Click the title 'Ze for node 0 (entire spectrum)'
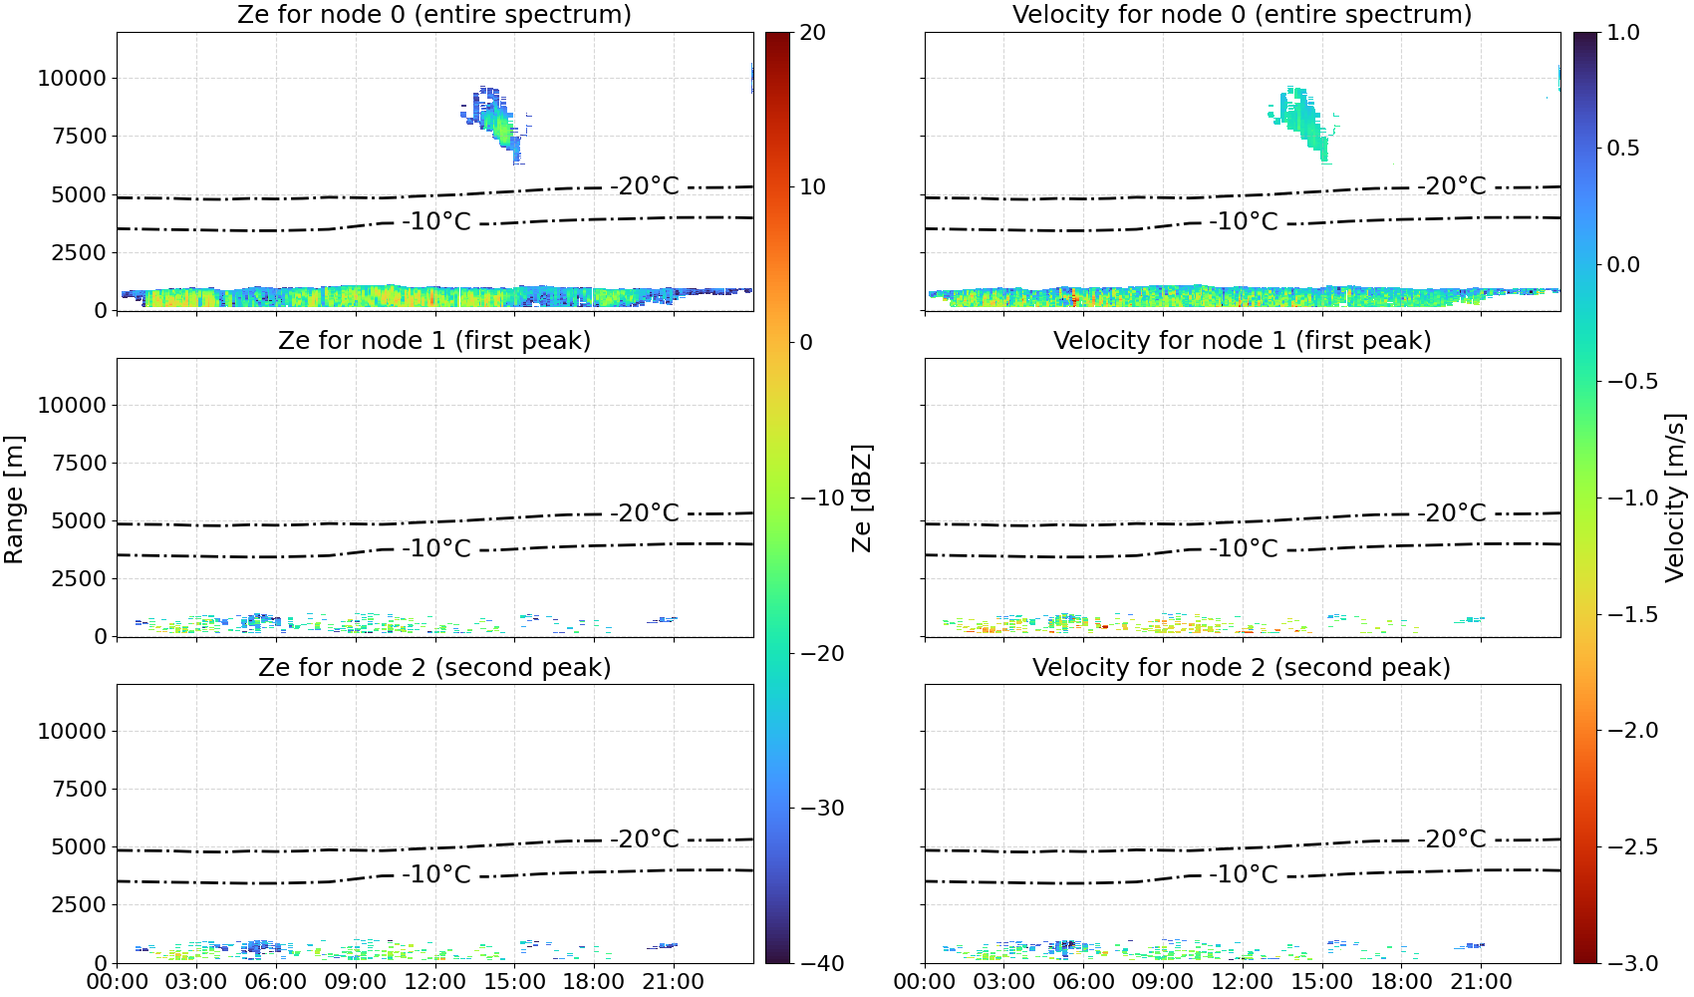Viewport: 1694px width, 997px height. point(434,14)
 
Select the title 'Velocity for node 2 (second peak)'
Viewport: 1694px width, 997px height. point(1242,667)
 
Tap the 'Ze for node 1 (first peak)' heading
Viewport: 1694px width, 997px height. point(434,340)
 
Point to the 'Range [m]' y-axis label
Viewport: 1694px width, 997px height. point(14,499)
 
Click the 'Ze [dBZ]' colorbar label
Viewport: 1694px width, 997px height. point(861,498)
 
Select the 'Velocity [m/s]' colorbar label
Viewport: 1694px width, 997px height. point(1675,498)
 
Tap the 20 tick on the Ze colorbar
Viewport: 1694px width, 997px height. point(812,33)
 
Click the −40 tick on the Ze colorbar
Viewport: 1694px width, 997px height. point(821,963)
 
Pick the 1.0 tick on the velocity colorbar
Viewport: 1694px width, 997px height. point(1623,33)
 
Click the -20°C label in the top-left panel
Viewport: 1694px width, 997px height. point(645,186)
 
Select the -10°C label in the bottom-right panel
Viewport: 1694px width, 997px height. point(1244,874)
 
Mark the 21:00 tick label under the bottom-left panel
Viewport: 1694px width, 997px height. point(673,982)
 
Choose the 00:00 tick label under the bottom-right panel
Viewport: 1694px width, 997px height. point(924,982)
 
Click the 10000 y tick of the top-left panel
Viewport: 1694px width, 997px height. point(72,78)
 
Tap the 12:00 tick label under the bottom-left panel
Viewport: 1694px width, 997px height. point(434,982)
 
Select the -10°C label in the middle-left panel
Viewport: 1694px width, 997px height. point(436,547)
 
